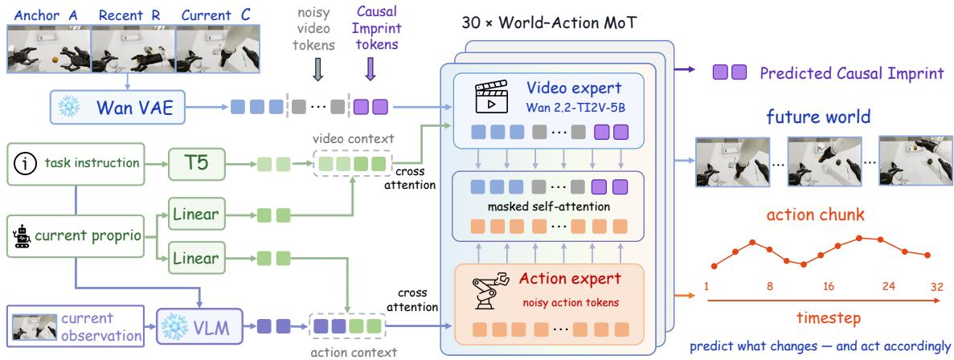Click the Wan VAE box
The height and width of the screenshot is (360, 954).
[117, 108]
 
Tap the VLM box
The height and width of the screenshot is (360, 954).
[199, 328]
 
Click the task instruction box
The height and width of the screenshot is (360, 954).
[76, 163]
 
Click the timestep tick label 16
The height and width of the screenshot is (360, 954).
[829, 286]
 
